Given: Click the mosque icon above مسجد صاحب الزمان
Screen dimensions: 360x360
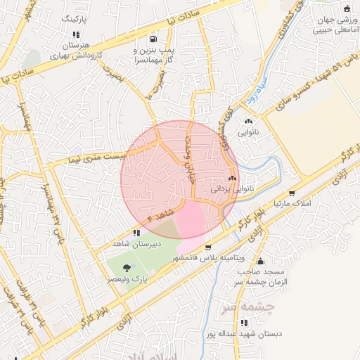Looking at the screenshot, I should pos(259,262).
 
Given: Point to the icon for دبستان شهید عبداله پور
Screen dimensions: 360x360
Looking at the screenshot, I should pos(244,323).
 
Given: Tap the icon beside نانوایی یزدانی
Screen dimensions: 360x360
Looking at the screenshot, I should pos(232,179).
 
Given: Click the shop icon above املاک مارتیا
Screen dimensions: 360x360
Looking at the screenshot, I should pos(291,193).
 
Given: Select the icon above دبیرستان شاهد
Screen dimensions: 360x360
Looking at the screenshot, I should pos(136,232).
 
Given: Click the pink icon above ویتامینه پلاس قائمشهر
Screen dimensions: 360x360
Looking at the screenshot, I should pos(208,247).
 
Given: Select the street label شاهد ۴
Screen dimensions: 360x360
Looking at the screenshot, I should pos(162,212).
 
